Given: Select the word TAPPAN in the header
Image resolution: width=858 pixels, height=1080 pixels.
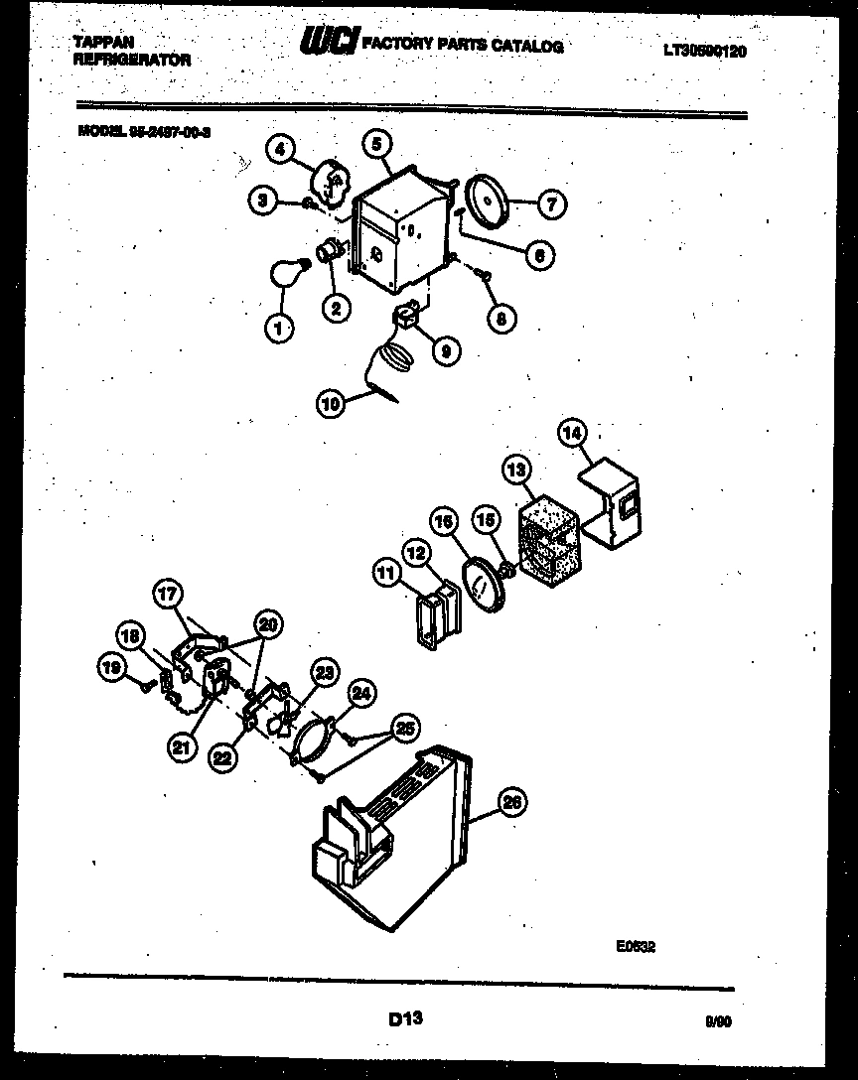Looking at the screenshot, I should [x=104, y=42].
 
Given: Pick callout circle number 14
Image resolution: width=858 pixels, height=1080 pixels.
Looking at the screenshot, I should [x=573, y=433].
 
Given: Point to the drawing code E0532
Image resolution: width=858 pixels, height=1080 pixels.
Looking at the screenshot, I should [x=636, y=947].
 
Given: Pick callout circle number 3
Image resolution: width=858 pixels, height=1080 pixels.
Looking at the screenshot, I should [x=262, y=202].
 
